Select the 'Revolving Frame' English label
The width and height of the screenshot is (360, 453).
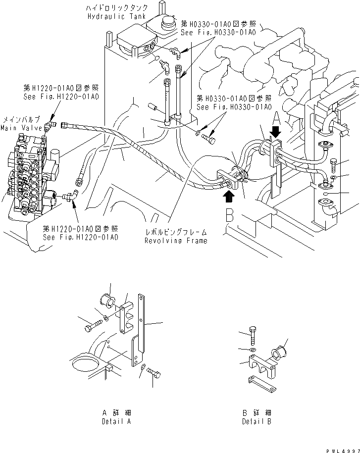coord(175,241)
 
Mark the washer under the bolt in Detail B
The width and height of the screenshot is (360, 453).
coord(253,351)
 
